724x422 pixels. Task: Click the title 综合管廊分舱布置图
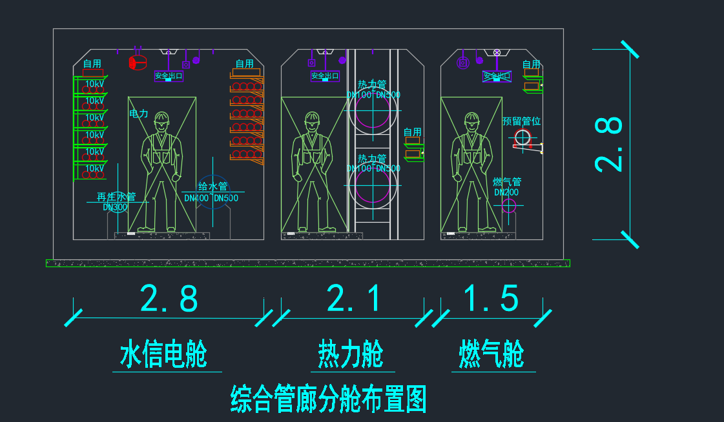pos(329,399)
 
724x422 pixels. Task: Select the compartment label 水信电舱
pos(163,356)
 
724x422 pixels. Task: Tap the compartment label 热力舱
pos(351,355)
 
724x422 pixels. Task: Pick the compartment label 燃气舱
pos(491,355)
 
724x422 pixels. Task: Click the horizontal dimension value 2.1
pos(352,299)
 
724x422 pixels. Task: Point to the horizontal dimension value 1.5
pos(491,299)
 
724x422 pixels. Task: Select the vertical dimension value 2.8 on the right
pos(609,143)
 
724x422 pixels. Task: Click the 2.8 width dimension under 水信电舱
pos(169,299)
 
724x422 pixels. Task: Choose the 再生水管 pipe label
pos(116,197)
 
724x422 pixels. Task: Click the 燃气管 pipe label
pos(507,183)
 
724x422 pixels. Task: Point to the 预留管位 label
pos(521,121)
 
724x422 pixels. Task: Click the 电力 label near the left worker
pos(139,114)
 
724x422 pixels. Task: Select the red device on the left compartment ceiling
pos(138,62)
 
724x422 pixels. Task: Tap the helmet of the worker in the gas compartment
pos(472,119)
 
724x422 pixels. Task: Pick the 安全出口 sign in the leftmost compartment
pos(169,75)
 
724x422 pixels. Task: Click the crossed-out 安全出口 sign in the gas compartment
pos(497,76)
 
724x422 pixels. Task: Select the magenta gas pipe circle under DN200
pos(509,206)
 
